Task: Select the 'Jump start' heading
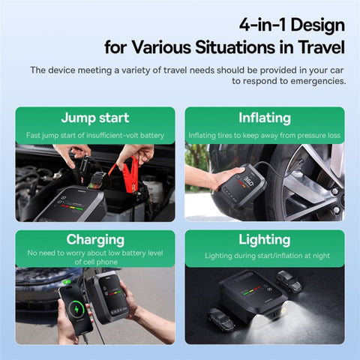click(x=94, y=118)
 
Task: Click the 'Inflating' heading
click(x=265, y=118)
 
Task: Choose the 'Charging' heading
click(x=94, y=240)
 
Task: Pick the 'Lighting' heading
click(x=265, y=240)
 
